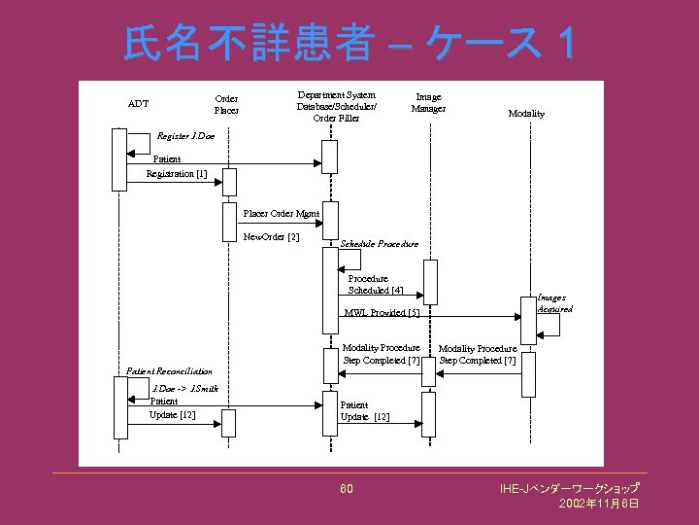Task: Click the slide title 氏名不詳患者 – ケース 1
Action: point(349,42)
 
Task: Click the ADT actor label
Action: point(138,103)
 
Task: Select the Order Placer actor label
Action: point(226,104)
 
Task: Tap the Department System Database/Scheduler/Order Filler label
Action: point(336,107)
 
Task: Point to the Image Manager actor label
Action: point(428,102)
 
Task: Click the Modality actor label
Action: point(526,114)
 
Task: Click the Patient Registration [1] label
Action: point(176,166)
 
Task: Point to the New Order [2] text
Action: point(271,236)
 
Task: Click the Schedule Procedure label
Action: point(379,243)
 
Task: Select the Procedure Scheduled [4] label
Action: point(375,284)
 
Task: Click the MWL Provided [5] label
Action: point(382,313)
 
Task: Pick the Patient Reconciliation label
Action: point(169,370)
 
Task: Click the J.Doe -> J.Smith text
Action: point(184,388)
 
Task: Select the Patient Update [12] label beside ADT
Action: point(172,408)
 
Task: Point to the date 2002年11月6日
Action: point(598,504)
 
